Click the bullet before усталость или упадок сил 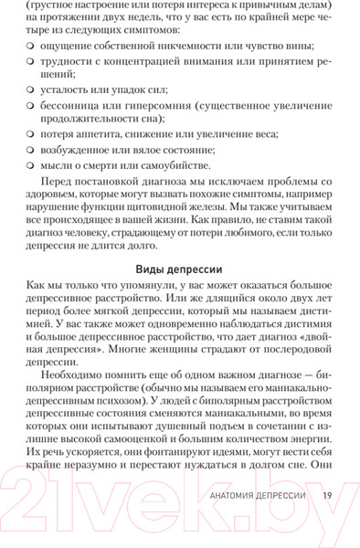(x=30, y=90)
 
